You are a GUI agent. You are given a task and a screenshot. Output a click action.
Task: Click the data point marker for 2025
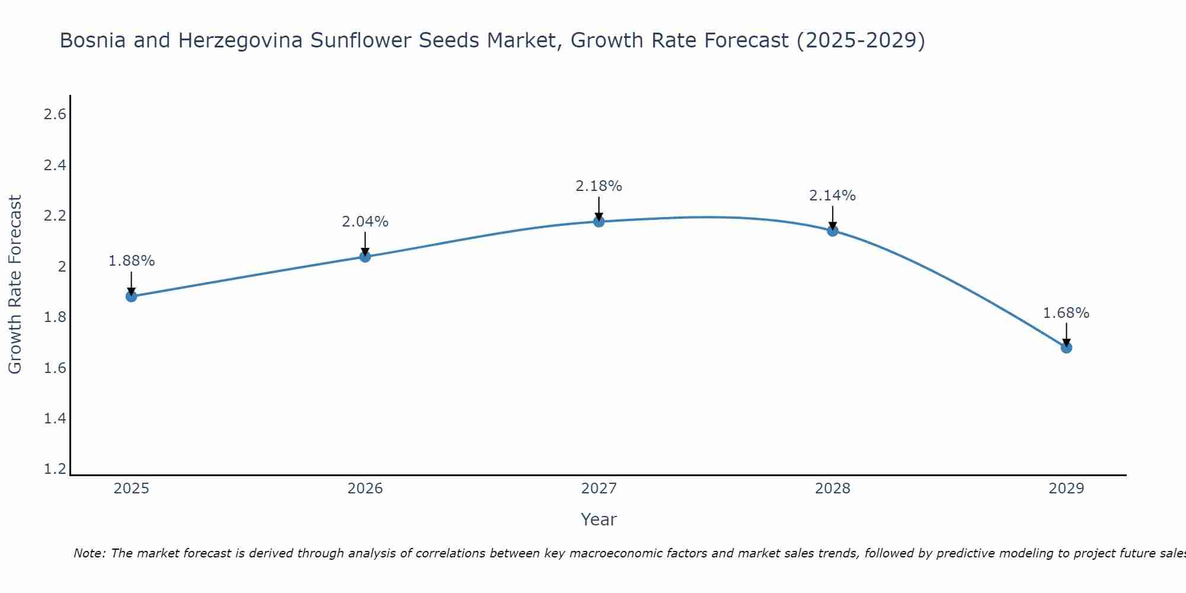tap(131, 296)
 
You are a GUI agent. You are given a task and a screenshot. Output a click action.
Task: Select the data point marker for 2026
tap(365, 256)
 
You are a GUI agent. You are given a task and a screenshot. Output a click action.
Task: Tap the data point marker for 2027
tap(599, 221)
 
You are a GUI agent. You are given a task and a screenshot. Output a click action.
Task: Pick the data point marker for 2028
tap(833, 231)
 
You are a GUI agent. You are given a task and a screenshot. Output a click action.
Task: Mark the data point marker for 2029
tap(1066, 347)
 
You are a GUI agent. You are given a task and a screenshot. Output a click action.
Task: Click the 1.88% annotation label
tap(131, 261)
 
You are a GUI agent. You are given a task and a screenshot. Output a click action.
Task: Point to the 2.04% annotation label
tap(365, 222)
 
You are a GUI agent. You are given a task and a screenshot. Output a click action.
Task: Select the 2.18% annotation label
tap(599, 186)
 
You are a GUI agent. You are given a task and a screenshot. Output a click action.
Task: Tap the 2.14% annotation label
tap(833, 196)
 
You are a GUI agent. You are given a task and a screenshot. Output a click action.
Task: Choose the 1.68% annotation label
tap(1066, 313)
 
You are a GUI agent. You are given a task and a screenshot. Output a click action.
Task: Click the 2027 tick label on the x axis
tap(599, 489)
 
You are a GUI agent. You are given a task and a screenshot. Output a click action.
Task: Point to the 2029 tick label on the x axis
tap(1066, 489)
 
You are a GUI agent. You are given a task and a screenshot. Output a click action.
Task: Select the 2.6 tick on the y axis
tap(55, 114)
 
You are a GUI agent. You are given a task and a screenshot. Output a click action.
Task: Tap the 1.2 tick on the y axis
tap(55, 469)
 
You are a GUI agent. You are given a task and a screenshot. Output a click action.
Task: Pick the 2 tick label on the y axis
tap(62, 266)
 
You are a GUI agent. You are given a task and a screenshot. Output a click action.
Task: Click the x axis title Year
tap(599, 519)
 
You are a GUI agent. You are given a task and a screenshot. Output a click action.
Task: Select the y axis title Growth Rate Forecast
tap(15, 285)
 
